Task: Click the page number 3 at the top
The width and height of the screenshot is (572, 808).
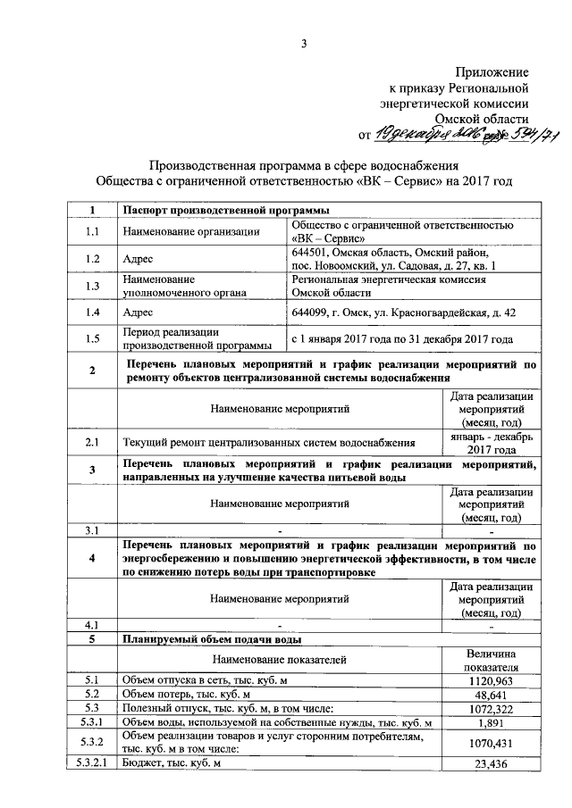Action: point(303,46)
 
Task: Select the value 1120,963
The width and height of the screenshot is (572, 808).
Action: point(491,679)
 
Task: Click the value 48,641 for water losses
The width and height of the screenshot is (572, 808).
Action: point(491,694)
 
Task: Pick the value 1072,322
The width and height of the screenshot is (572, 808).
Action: point(491,708)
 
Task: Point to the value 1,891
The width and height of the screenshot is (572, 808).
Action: point(491,722)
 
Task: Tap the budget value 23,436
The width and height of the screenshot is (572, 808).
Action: point(491,764)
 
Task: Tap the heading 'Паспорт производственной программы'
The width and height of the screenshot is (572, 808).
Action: point(223,210)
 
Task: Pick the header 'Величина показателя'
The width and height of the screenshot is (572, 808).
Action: point(491,658)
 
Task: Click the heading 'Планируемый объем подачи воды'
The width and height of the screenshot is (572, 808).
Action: point(212,639)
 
